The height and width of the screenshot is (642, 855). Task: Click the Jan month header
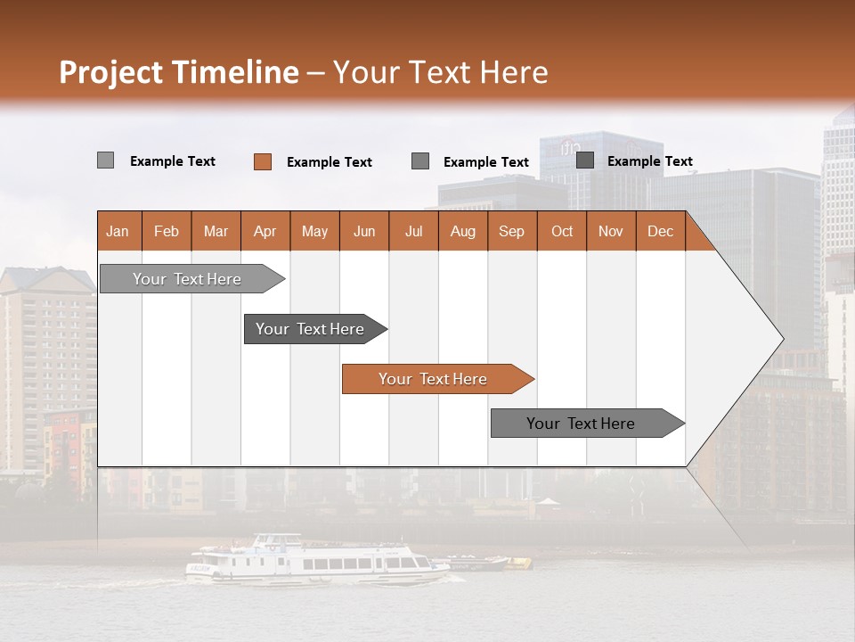point(118,231)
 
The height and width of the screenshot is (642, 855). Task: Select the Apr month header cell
point(265,231)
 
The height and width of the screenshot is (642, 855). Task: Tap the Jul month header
point(413,231)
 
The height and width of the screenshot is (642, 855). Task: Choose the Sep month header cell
point(511,231)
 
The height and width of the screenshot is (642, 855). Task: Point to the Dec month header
point(660,231)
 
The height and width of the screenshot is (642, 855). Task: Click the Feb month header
point(167,231)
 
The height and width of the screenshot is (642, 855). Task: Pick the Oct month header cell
point(562,231)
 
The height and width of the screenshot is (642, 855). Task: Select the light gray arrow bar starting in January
point(188,279)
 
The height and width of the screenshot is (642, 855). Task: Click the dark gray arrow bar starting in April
point(311,329)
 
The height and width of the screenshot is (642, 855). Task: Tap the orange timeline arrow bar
point(434,379)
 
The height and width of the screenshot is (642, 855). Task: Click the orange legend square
point(263,161)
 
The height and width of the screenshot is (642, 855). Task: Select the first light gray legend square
point(105,160)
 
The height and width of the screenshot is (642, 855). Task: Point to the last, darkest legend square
point(585,160)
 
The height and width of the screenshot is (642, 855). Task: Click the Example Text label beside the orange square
point(330,162)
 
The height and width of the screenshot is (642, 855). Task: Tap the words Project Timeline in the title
point(179,72)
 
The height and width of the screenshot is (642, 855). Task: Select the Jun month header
point(364,231)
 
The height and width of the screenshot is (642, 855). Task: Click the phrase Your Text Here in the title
point(441,72)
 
